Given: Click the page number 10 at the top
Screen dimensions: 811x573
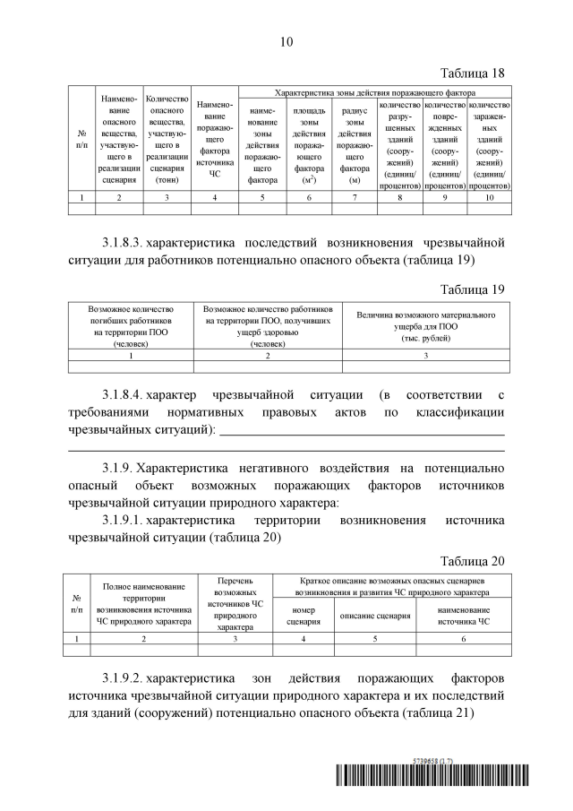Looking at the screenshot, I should coord(286,41).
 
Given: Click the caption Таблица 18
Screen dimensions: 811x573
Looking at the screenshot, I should coord(474,73).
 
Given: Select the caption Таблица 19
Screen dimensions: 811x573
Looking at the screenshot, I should coord(474,289).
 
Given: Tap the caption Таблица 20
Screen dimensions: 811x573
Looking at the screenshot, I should coord(474,561).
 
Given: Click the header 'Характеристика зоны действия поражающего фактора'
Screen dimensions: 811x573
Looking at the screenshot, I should coord(374,92).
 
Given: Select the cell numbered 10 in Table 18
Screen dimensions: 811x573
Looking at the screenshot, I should coord(489,197).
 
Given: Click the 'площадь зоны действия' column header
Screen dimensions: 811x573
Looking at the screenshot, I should coord(309,144).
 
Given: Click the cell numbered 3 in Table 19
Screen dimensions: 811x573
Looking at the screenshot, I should coord(425,356).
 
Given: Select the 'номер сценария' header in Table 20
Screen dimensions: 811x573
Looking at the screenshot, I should coord(304,616).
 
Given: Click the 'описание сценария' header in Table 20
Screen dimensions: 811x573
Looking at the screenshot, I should coord(373,616).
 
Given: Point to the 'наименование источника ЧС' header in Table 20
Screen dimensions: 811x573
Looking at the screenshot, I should coord(463,616).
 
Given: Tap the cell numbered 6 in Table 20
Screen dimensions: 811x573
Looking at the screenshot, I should coord(463,638).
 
